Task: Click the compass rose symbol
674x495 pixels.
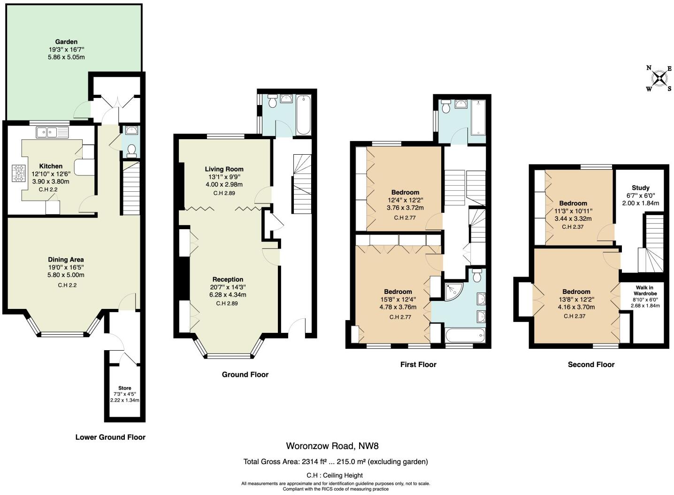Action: point(659,78)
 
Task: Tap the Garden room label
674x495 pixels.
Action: point(66,42)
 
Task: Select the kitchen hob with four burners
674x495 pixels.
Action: point(19,173)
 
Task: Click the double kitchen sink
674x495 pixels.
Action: point(52,132)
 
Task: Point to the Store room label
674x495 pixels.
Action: point(124,388)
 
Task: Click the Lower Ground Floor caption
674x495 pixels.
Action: point(110,437)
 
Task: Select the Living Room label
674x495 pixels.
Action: point(224,169)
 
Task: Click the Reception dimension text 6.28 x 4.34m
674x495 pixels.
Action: point(228,295)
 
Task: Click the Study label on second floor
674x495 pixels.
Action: point(640,187)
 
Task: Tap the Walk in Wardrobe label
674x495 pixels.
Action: point(644,291)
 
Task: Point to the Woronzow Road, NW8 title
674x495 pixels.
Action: point(332,446)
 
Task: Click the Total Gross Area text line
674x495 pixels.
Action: point(335,462)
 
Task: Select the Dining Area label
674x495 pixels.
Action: point(66,259)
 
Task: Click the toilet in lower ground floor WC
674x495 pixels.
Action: point(131,150)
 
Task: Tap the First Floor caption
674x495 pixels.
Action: point(418,364)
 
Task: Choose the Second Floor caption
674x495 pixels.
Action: point(591,364)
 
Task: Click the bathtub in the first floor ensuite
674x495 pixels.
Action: point(464,336)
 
